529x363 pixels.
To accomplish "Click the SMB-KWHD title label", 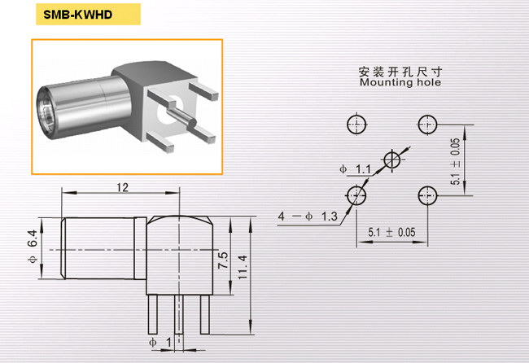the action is click(78, 15).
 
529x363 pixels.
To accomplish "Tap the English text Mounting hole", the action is click(400, 82).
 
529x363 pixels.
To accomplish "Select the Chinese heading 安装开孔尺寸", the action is click(400, 72).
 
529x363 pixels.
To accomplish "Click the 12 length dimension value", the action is click(122, 187).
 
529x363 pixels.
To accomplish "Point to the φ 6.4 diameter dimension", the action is click(33, 247).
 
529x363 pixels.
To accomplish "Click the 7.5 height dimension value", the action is click(223, 260).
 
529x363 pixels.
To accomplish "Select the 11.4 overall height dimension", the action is click(243, 267).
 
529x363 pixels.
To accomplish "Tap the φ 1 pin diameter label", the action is click(160, 343).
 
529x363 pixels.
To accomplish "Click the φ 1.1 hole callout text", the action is click(355, 168).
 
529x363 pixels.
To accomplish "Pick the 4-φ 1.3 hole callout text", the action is click(308, 216).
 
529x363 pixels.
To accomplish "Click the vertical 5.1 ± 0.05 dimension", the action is click(455, 161).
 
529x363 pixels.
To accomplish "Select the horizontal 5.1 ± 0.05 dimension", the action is click(391, 233).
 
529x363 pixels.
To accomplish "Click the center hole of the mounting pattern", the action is click(392, 160).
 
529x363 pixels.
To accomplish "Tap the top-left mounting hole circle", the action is click(356, 125).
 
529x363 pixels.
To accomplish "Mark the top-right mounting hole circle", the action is click(427, 125).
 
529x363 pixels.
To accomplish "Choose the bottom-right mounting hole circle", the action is click(427, 195).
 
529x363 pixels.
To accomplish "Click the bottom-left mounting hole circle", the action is click(356, 195).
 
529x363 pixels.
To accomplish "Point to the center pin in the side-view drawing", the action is click(179, 314).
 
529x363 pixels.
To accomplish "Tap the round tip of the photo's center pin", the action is click(192, 124).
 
